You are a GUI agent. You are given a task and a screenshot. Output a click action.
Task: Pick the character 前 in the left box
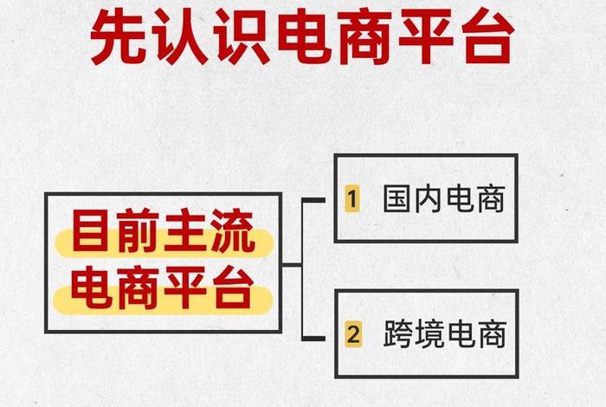(140, 233)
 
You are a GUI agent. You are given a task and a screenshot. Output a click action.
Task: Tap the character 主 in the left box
(187, 233)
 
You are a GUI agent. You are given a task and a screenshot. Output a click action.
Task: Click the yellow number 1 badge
(351, 200)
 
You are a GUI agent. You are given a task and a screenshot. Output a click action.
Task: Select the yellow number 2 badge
(351, 334)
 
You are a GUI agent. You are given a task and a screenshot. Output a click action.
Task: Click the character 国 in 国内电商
(397, 200)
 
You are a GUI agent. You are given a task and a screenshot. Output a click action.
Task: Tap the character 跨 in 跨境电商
(397, 334)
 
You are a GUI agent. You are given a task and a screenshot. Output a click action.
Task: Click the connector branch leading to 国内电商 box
(313, 200)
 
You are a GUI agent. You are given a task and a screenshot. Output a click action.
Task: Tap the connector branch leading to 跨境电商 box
(313, 334)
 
